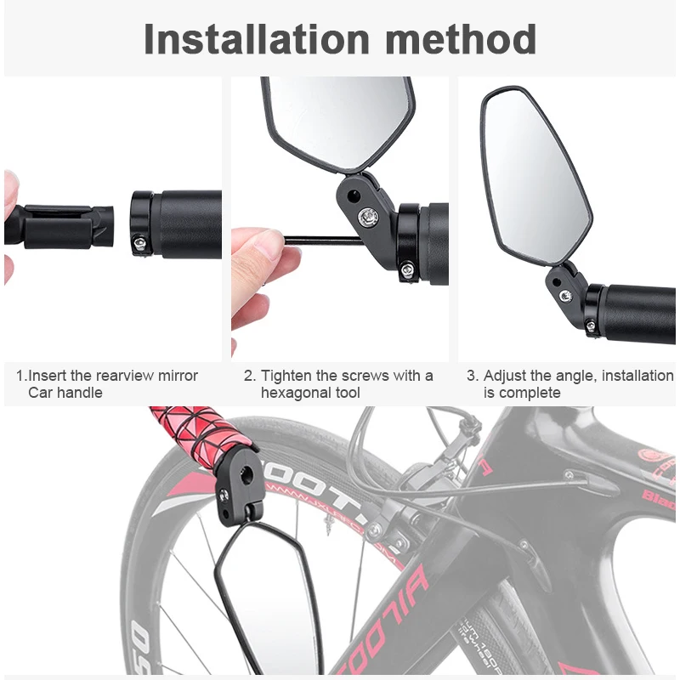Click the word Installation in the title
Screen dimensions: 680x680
[x=255, y=39]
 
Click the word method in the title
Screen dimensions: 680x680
[x=457, y=39]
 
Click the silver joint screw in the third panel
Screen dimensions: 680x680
[x=565, y=295]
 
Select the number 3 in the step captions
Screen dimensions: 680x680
[x=472, y=376]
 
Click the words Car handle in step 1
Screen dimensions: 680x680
[x=65, y=393]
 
